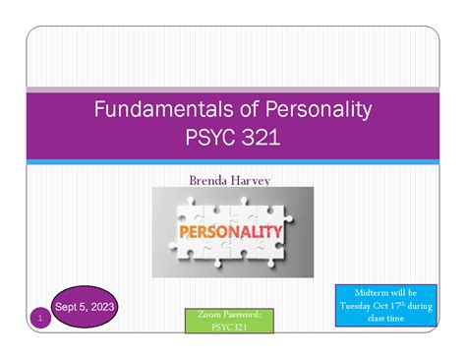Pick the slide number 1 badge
[x=39, y=318]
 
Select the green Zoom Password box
[x=228, y=321]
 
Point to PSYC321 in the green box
[x=228, y=328]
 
